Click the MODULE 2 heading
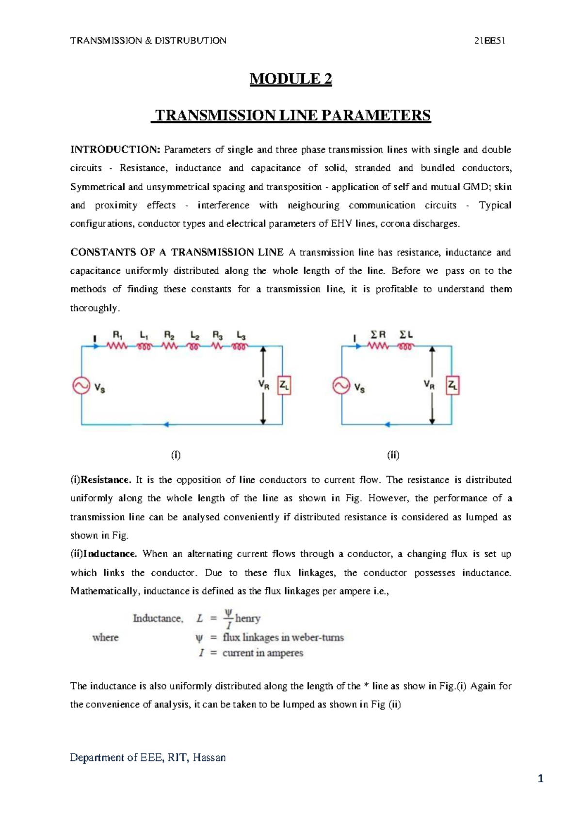pyautogui.click(x=291, y=79)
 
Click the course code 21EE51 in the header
pyautogui.click(x=490, y=41)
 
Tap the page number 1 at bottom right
pyautogui.click(x=541, y=779)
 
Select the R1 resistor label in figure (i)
pyautogui.click(x=118, y=335)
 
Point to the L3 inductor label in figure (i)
pyautogui.click(x=241, y=335)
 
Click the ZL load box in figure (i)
pyautogui.click(x=284, y=386)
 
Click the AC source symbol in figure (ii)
pyautogui.click(x=341, y=386)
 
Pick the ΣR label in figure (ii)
pyautogui.click(x=378, y=335)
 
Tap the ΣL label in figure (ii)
pyautogui.click(x=406, y=335)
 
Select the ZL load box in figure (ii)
pyautogui.click(x=453, y=386)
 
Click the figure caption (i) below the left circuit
pyautogui.click(x=176, y=455)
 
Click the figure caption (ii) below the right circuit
pyautogui.click(x=393, y=455)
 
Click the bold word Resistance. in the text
pyautogui.click(x=106, y=480)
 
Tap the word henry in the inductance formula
pyautogui.click(x=248, y=619)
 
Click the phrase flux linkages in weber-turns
pyautogui.click(x=283, y=637)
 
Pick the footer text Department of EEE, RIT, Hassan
pyautogui.click(x=148, y=757)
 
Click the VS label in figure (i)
pyautogui.click(x=99, y=388)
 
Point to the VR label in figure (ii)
pyautogui.click(x=429, y=384)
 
